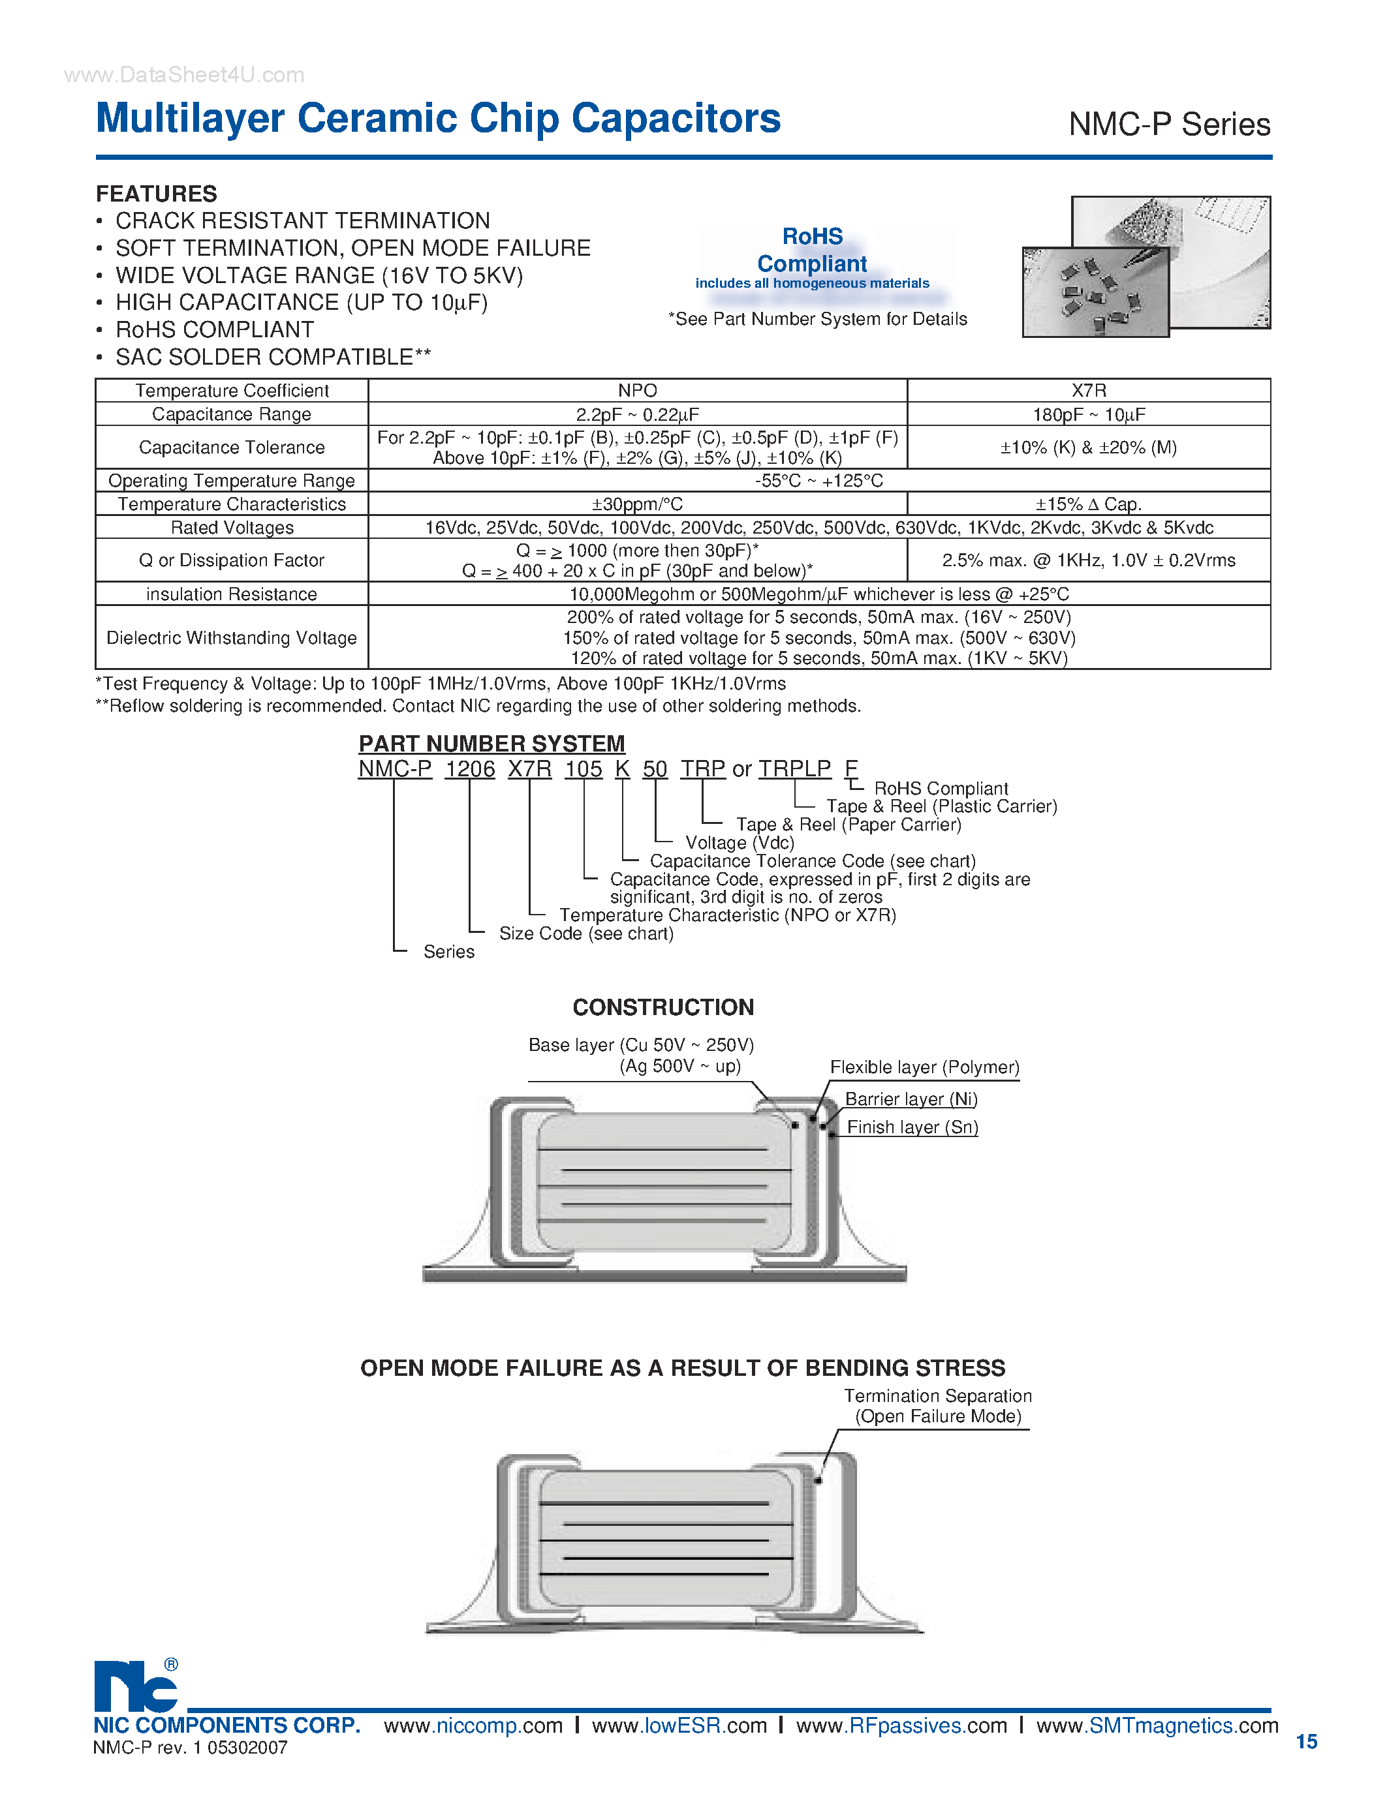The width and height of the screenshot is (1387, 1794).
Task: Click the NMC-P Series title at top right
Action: click(1168, 125)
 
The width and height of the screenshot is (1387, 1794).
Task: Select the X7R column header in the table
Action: click(1088, 390)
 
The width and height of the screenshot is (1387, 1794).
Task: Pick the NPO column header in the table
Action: click(638, 390)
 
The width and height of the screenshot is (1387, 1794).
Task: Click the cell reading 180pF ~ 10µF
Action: click(1088, 414)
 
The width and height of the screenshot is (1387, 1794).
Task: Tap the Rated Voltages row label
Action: click(232, 527)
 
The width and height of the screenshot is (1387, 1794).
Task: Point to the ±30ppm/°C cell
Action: click(638, 504)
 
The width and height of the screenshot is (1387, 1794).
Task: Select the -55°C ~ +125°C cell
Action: click(818, 481)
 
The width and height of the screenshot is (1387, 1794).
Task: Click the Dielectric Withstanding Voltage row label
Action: click(232, 637)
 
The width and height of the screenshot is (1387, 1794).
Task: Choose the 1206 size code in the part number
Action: click(470, 769)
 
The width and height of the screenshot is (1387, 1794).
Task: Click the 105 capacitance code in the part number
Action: click(584, 769)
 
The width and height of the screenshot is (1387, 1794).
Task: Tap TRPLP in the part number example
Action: click(794, 769)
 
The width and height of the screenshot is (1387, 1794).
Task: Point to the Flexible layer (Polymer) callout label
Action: click(924, 1067)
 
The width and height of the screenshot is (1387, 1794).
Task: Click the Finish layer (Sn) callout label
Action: click(912, 1127)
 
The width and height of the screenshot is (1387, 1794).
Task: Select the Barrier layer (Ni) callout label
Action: click(911, 1099)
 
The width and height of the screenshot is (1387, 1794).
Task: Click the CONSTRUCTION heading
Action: click(663, 1007)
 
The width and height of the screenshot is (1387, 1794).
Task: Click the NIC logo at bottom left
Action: click(136, 1686)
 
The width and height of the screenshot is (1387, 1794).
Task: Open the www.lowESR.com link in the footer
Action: click(679, 1726)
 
